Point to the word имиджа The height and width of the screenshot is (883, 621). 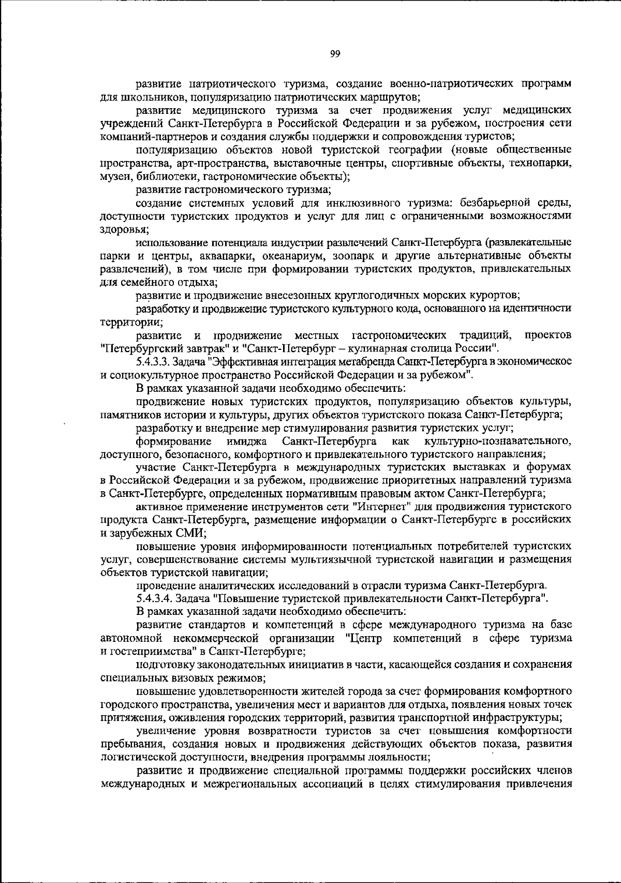point(247,441)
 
